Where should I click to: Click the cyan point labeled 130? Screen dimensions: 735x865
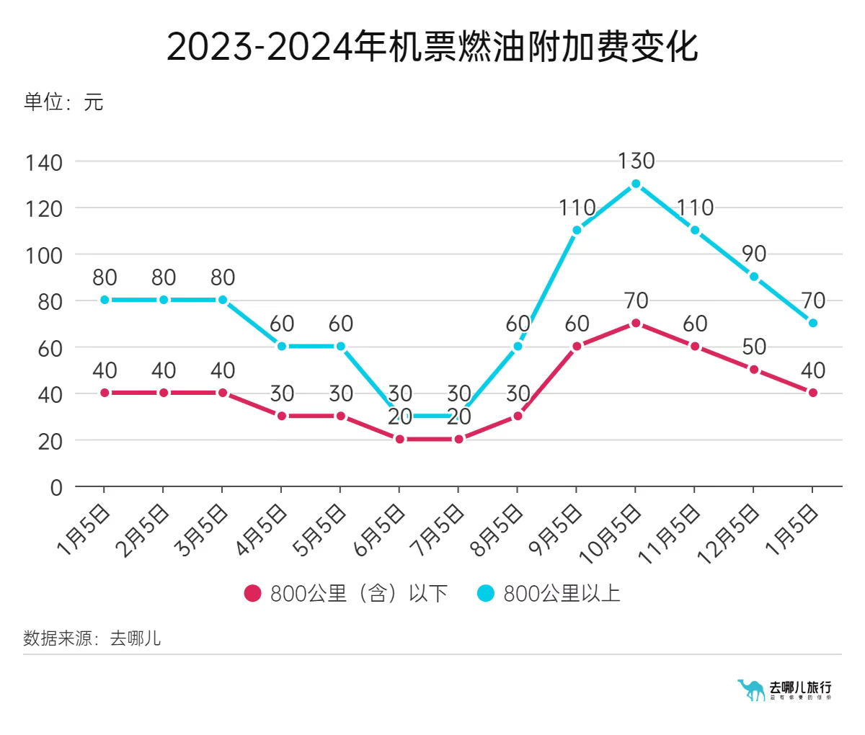[x=636, y=184]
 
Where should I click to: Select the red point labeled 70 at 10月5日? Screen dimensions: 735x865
[x=636, y=324]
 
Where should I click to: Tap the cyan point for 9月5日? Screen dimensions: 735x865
[x=577, y=231]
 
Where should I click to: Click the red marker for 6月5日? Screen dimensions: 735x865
[x=399, y=440]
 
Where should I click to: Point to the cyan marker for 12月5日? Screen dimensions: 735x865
[x=754, y=277]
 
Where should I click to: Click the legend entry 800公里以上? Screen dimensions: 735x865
[x=549, y=594]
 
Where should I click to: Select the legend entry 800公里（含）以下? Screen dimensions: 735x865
[x=346, y=594]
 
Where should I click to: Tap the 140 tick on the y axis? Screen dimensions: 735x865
[x=44, y=163]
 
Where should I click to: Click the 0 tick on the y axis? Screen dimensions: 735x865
[x=56, y=488]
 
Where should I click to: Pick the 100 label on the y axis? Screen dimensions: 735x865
[x=44, y=256]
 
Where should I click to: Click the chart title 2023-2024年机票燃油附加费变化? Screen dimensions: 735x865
[x=432, y=47]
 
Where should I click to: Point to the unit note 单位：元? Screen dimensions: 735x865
[x=63, y=102]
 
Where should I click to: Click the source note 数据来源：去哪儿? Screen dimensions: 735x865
[x=92, y=638]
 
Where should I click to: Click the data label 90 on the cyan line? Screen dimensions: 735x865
[x=754, y=254]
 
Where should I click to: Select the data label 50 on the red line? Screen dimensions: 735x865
[x=754, y=347]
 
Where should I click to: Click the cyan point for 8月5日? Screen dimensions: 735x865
[x=518, y=347]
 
